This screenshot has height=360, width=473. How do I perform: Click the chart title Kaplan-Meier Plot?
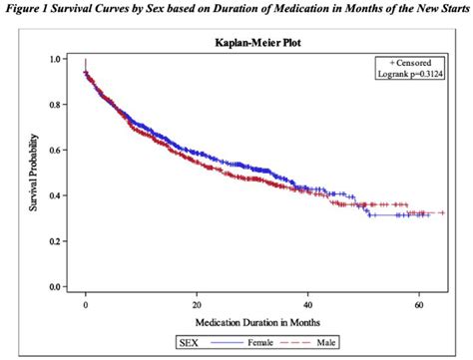click(249, 43)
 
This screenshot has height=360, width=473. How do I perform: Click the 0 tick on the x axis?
click(86, 307)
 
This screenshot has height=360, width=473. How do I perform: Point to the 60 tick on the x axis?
click(419, 307)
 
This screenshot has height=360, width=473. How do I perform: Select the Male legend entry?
click(355, 344)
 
